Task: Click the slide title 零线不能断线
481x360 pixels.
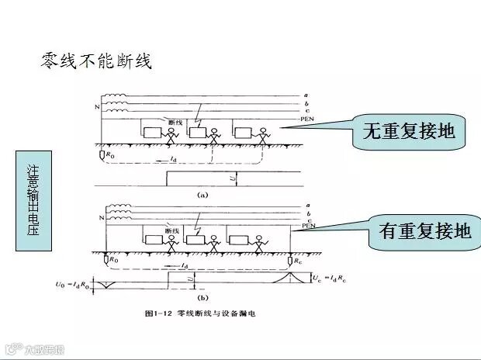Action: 95,61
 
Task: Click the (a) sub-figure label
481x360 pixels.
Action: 202,196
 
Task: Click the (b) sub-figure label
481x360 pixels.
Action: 202,297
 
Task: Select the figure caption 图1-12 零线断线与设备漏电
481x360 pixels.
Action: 199,314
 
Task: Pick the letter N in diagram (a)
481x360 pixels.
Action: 97,106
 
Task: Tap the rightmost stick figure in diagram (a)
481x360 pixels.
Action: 265,135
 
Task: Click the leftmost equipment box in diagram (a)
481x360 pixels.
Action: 151,132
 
